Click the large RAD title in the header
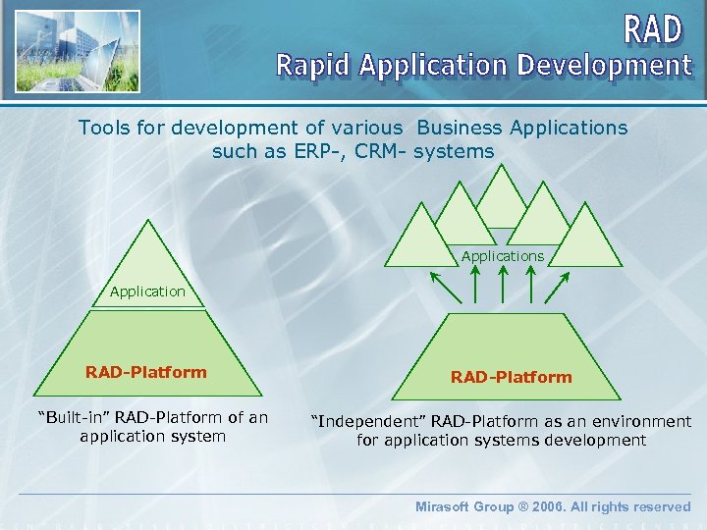[654, 28]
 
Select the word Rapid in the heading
[313, 66]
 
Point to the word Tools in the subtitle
[102, 128]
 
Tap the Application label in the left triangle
[147, 291]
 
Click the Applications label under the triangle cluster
[503, 256]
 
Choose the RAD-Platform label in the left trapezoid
[146, 372]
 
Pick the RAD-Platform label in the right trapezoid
[511, 377]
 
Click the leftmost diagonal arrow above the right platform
[446, 288]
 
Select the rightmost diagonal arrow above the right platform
[557, 288]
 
